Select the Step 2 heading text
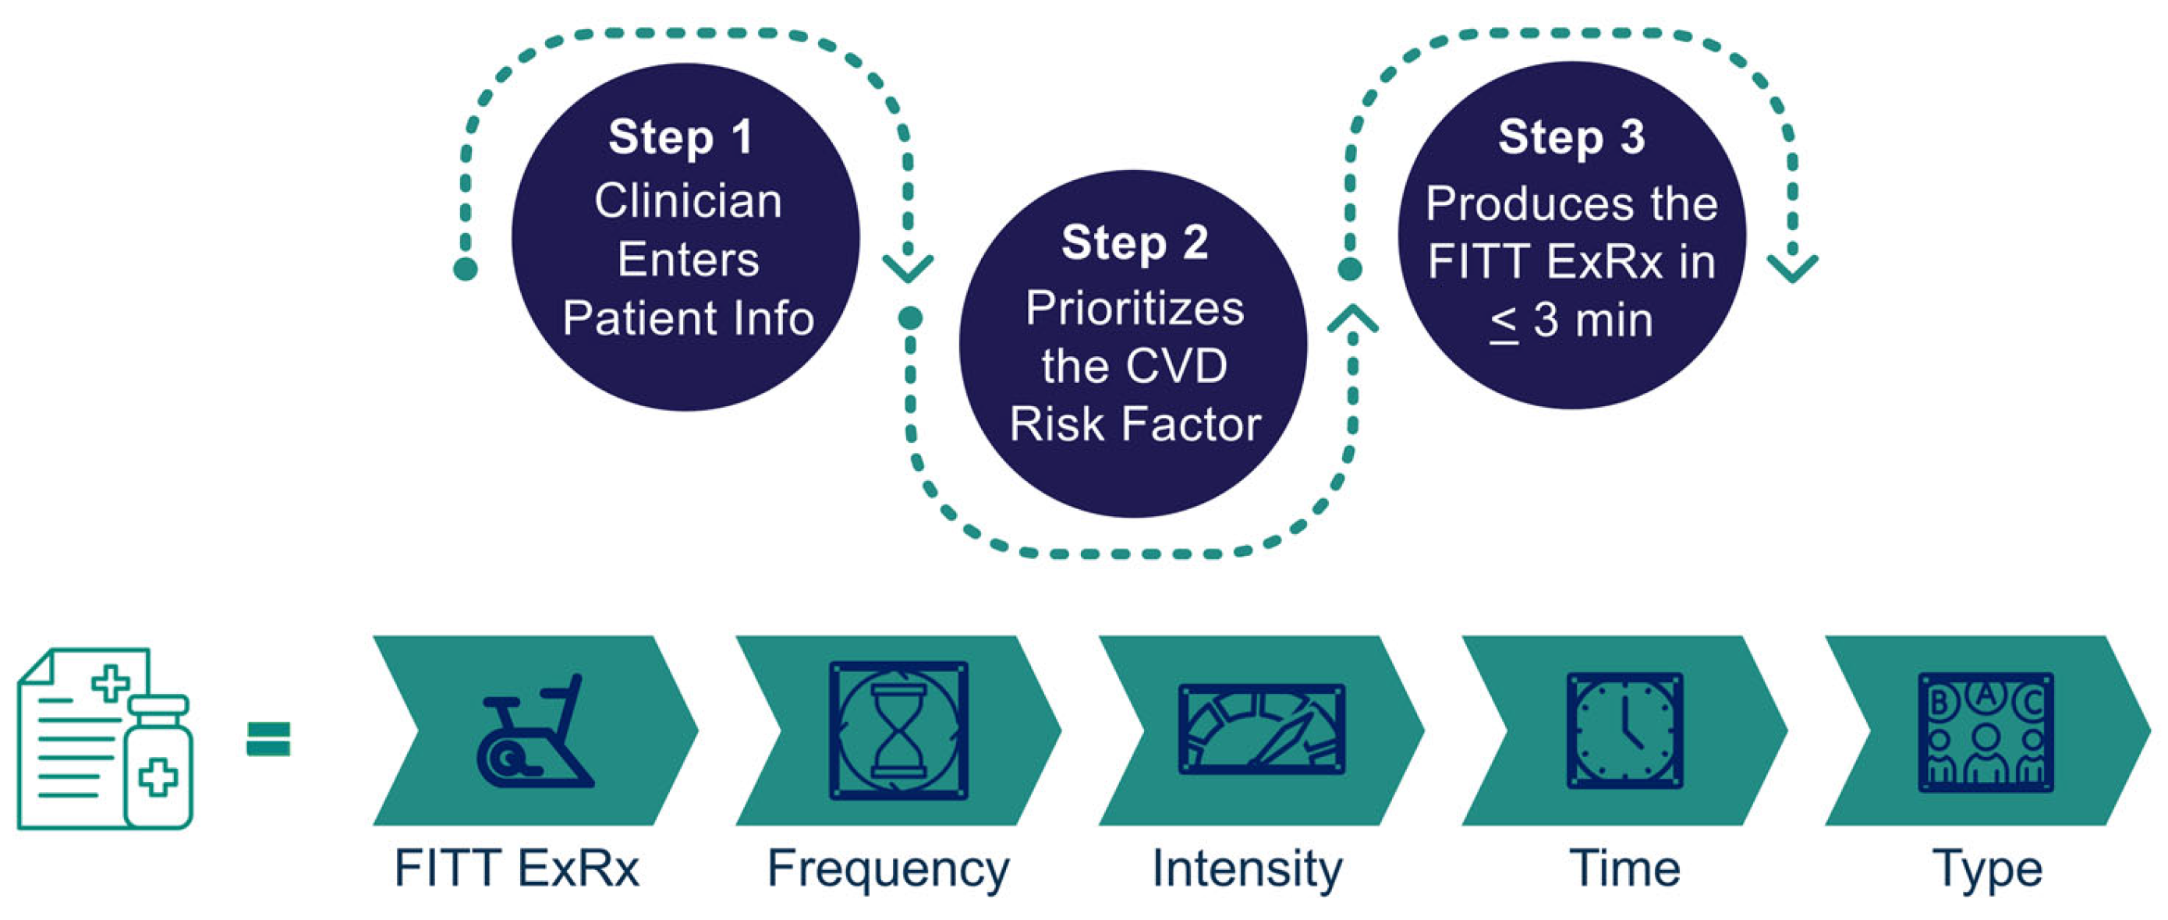1134,242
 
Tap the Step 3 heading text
1571,136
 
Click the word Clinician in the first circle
688,201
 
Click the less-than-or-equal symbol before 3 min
1503,322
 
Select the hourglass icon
898,731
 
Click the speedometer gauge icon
1261,729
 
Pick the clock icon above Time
1624,731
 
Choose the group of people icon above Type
1986,732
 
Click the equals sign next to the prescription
268,739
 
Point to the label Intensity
1247,869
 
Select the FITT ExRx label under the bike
517,869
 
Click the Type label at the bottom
1987,869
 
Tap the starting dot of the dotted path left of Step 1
466,269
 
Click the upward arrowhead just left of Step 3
1352,320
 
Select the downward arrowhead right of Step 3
1792,267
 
